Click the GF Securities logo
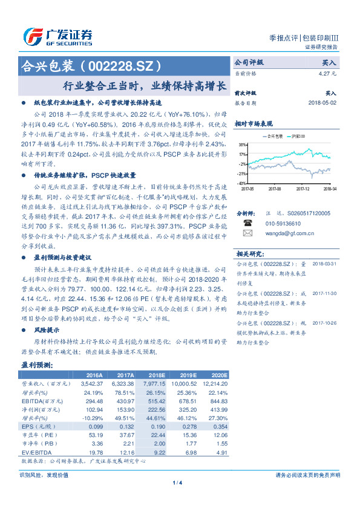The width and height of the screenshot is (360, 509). pyautogui.click(x=57, y=36)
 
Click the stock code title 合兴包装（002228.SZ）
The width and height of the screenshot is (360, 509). pyautogui.click(x=92, y=65)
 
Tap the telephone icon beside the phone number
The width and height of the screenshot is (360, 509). pyautogui.click(x=247, y=223)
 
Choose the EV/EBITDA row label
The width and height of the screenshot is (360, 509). pyautogui.click(x=37, y=452)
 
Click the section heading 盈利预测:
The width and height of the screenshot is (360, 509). pyautogui.click(x=37, y=365)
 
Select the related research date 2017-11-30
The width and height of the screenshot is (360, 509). pyautogui.click(x=324, y=293)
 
